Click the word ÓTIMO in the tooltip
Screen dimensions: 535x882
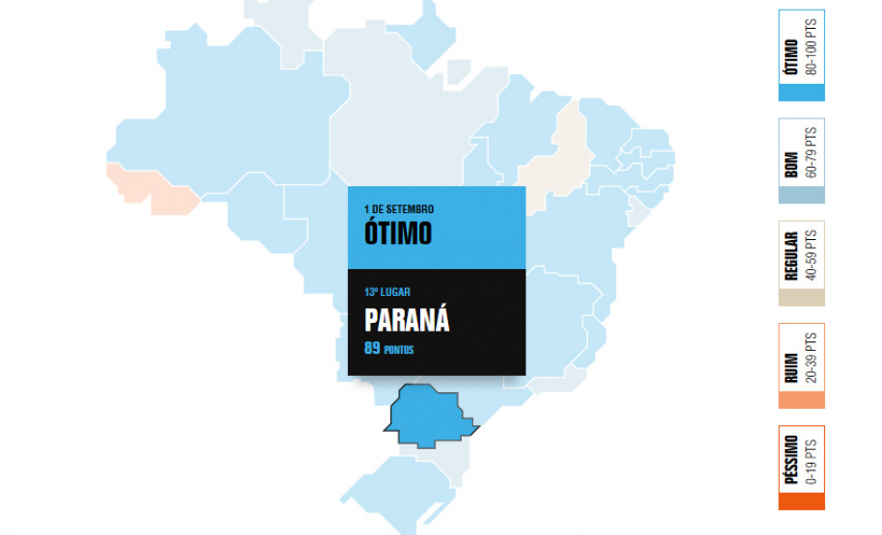398,233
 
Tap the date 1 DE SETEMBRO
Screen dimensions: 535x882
399,209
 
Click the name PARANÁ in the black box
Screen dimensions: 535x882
407,320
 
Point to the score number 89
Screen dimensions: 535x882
372,348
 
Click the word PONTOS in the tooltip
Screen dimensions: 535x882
399,350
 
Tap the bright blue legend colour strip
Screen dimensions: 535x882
801,93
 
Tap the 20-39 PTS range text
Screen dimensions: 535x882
811,357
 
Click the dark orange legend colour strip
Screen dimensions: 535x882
801,502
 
